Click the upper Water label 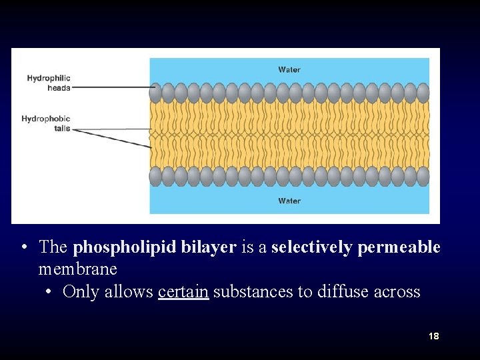click(289, 69)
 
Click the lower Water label click(289, 201)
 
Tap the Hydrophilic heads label click(49, 83)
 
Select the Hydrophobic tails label click(46, 123)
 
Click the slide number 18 click(433, 336)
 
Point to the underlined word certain click(183, 292)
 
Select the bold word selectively click(311, 247)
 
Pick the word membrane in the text click(77, 269)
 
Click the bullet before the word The click(23, 248)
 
